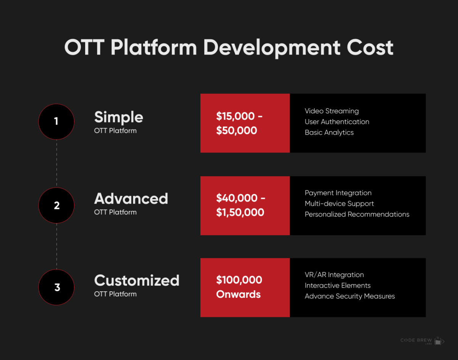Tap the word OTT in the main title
point(84,48)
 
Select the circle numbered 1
point(56,122)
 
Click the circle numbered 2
point(56,206)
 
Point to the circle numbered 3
point(56,287)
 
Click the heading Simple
point(119,117)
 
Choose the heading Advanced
point(131,199)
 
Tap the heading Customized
point(137,281)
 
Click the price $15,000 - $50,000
point(239,123)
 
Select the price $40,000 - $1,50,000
point(240,205)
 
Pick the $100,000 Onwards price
point(239,287)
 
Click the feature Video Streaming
point(332,111)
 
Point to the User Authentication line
point(337,122)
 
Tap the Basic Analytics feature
point(329,132)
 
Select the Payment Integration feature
point(338,193)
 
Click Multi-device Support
point(339,204)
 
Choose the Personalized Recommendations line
point(357,214)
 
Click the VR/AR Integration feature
point(334,275)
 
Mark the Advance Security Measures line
point(350,296)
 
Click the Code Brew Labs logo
point(422,341)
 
